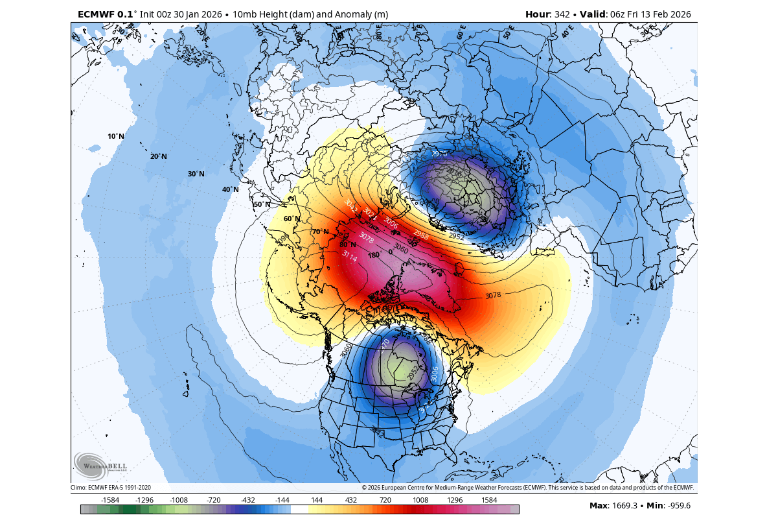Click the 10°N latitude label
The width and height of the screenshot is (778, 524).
tap(116, 136)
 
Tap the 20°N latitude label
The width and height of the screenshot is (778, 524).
tap(159, 156)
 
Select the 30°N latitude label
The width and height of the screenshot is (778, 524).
tap(196, 174)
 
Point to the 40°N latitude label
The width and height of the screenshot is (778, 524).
tap(230, 189)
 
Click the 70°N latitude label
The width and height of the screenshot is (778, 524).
tap(320, 232)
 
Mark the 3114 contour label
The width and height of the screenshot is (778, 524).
tap(349, 257)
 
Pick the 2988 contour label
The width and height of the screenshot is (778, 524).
tap(420, 234)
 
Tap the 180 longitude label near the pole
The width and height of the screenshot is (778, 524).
tap(373, 255)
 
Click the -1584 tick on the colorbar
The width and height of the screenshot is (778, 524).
tap(111, 500)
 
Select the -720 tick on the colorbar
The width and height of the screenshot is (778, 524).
tap(214, 500)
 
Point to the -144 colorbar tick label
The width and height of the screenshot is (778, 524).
tap(282, 500)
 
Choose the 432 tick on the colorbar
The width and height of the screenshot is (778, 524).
tap(351, 500)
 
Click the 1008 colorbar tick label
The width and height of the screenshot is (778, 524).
tap(420, 500)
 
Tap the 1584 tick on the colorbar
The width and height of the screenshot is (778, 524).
tap(489, 500)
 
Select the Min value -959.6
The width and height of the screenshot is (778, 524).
tap(676, 506)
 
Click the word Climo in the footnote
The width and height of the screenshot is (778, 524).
tap(79, 488)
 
